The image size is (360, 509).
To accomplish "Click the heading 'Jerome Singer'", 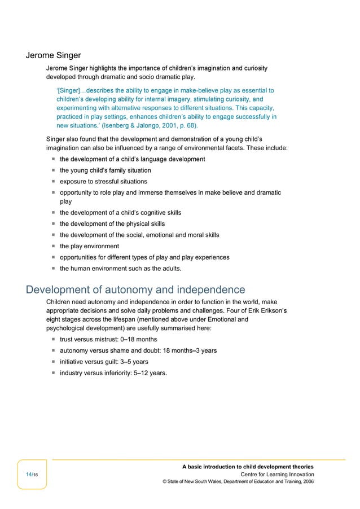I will (54, 55).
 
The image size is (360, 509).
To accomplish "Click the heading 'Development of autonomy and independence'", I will (135, 290).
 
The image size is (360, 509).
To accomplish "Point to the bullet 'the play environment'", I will (89, 246).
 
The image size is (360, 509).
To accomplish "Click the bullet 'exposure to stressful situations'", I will (103, 182).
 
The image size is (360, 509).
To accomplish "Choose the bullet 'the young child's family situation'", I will (106, 170).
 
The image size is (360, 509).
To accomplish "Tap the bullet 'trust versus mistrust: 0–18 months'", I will (108, 339).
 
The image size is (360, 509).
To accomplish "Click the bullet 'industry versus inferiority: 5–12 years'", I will (113, 373).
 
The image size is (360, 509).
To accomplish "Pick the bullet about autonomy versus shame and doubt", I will (138, 350).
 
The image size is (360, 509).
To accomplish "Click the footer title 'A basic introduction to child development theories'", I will (248, 467).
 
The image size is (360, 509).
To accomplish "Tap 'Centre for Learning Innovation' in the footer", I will (277, 475).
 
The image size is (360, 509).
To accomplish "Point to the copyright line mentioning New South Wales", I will (238, 482).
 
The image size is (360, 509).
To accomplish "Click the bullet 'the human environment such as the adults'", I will (121, 269).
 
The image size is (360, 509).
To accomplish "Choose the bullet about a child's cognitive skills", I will (120, 213).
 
